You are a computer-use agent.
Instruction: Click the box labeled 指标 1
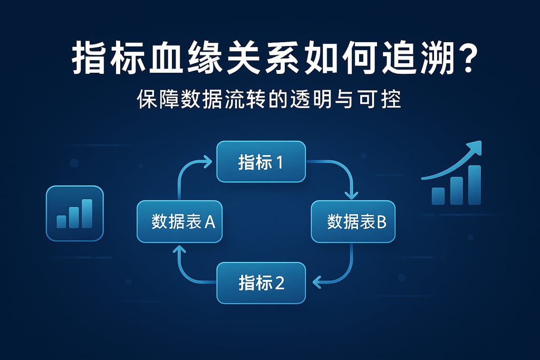point(261,162)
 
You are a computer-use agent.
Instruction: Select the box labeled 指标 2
point(261,283)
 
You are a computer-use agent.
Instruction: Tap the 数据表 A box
point(179,222)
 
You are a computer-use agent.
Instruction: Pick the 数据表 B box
point(353,222)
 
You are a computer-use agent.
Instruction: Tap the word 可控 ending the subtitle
point(385,100)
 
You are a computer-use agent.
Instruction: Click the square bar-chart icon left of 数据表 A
point(75,213)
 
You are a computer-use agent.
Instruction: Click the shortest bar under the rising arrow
point(438,196)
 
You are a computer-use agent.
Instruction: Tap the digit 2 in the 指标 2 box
point(279,283)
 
